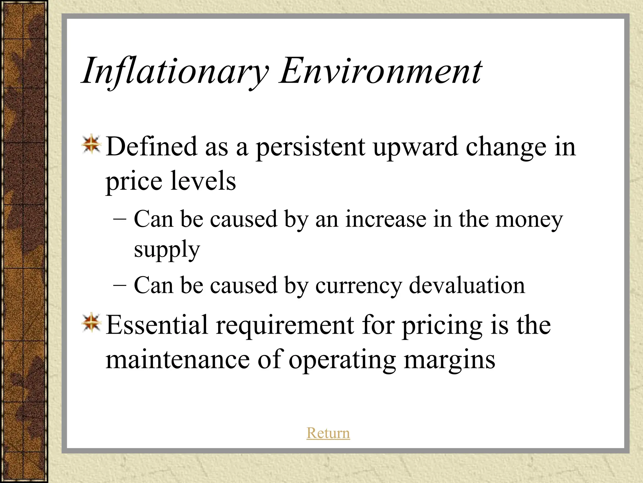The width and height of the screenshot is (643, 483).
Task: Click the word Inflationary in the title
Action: pos(175,71)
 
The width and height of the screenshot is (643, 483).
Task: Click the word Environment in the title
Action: pos(380,71)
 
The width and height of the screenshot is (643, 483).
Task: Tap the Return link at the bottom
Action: pos(328,433)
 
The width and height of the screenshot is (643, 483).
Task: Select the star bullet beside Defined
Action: pos(91,145)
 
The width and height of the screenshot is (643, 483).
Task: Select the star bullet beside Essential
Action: pos(91,323)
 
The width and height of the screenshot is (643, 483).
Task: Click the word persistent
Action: pos(311,147)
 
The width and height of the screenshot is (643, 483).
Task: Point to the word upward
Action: pos(415,147)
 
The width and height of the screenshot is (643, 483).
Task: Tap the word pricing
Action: pos(442,326)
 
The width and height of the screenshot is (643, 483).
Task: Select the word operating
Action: pos(342,360)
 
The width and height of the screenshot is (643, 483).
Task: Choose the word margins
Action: pos(449,360)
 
